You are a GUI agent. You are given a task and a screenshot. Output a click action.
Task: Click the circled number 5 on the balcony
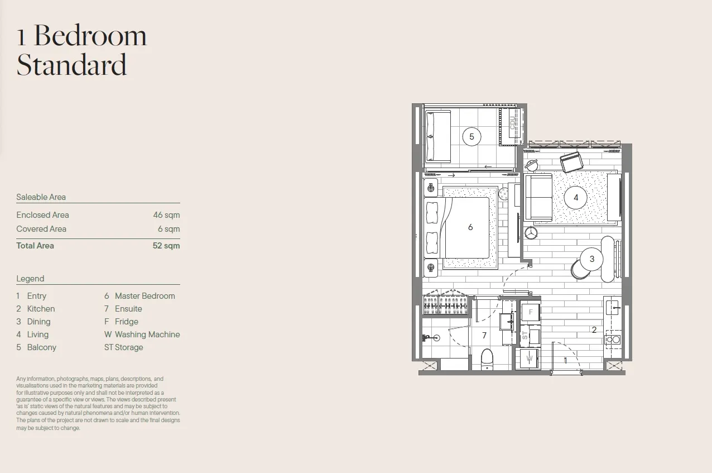472,136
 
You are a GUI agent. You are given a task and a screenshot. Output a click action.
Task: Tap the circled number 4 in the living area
576,198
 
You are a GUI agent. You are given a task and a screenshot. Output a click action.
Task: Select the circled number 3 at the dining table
591,259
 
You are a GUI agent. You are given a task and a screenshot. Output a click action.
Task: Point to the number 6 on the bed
470,227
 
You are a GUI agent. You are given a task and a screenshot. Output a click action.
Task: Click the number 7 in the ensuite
484,335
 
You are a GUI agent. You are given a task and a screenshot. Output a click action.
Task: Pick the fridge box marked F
530,312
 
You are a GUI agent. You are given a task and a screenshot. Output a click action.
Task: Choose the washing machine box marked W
529,359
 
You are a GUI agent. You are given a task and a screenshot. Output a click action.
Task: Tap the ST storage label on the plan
525,335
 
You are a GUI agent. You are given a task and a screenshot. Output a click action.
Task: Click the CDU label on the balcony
512,123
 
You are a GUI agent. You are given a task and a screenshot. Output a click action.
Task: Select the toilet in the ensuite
487,360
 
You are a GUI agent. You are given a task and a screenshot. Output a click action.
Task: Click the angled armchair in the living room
571,162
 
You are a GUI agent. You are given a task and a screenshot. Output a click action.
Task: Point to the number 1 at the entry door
565,360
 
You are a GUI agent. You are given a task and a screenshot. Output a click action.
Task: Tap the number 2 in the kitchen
594,330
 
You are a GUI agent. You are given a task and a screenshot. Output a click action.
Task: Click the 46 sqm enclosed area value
166,215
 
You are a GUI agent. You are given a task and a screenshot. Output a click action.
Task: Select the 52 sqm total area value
166,246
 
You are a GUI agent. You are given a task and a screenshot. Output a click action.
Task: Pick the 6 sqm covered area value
169,229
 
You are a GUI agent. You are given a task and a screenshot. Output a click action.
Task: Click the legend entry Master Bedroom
145,296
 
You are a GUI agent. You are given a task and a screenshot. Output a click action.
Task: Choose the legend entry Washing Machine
147,335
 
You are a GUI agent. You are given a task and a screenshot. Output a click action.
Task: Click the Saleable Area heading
41,197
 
